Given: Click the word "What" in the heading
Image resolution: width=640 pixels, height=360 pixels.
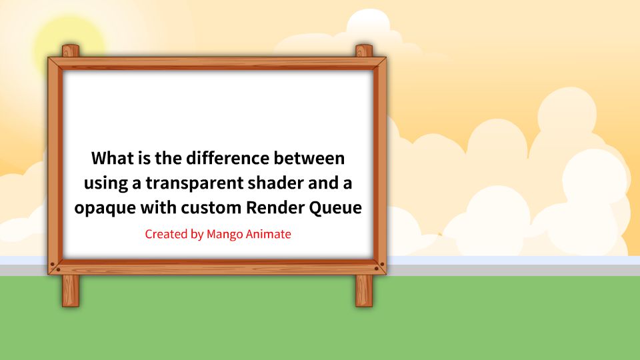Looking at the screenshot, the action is [112, 158].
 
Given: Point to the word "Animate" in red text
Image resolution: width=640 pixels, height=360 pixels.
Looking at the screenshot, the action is [269, 234].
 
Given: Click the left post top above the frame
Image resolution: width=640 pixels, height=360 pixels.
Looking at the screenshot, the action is [71, 51].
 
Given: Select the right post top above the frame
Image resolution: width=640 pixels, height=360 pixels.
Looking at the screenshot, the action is [364, 51].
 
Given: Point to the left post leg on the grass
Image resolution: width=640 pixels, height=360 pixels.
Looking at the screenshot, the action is [71, 291].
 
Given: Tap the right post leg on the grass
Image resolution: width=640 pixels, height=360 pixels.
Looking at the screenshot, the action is [364, 291].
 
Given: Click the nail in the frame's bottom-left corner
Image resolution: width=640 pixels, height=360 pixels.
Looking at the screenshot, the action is [59, 269].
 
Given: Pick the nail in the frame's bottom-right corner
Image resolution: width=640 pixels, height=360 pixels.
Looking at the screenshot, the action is [376, 269].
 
